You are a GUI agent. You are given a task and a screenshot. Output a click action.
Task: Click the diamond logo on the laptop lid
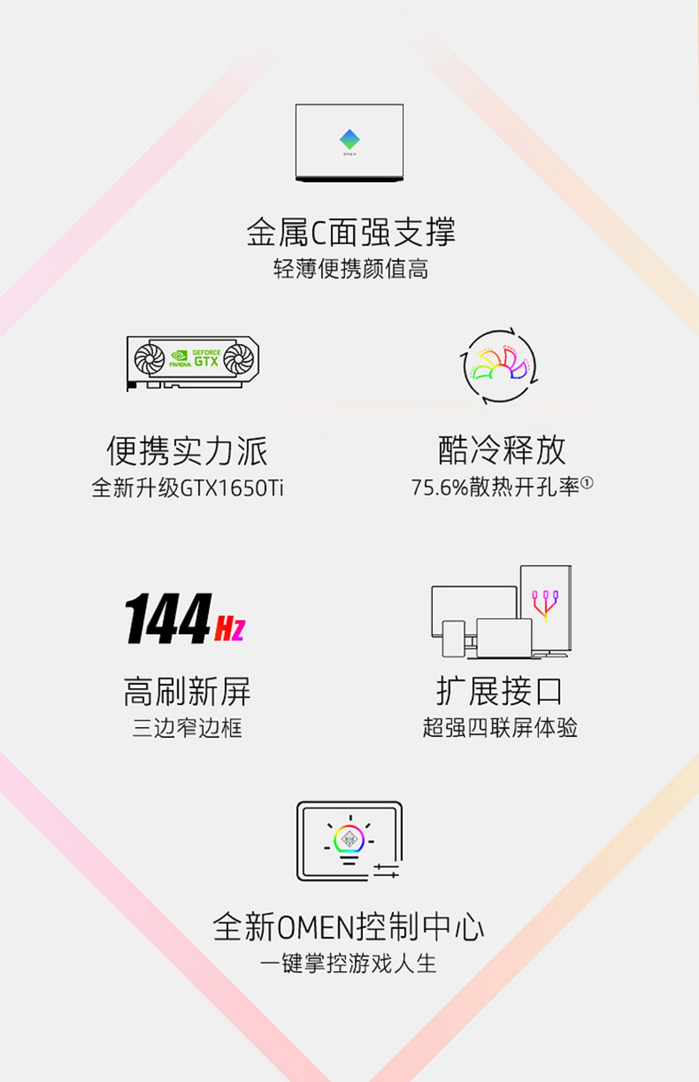[349, 139]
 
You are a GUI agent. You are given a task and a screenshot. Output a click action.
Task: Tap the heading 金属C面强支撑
[350, 232]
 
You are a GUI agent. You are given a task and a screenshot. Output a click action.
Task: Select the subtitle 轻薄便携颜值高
[350, 269]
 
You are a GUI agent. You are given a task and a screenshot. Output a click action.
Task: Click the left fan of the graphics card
[149, 359]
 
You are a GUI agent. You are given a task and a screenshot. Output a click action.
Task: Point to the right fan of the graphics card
[238, 359]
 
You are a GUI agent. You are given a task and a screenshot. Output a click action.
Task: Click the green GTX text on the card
[206, 361]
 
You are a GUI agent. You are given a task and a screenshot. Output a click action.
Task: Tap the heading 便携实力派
[187, 451]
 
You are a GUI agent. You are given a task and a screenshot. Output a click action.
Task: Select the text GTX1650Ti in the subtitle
[231, 488]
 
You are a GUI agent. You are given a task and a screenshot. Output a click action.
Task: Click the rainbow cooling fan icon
[500, 366]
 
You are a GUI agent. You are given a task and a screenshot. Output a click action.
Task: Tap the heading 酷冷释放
[501, 450]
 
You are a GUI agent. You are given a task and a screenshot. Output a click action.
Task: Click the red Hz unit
[230, 628]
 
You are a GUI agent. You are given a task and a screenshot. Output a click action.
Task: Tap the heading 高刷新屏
[187, 692]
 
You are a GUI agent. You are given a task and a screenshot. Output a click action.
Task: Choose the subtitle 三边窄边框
[187, 728]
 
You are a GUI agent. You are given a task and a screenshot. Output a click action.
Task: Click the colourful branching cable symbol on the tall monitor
[545, 605]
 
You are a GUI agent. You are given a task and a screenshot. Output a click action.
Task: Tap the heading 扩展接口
[500, 692]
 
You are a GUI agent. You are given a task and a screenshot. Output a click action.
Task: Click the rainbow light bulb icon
[349, 840]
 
